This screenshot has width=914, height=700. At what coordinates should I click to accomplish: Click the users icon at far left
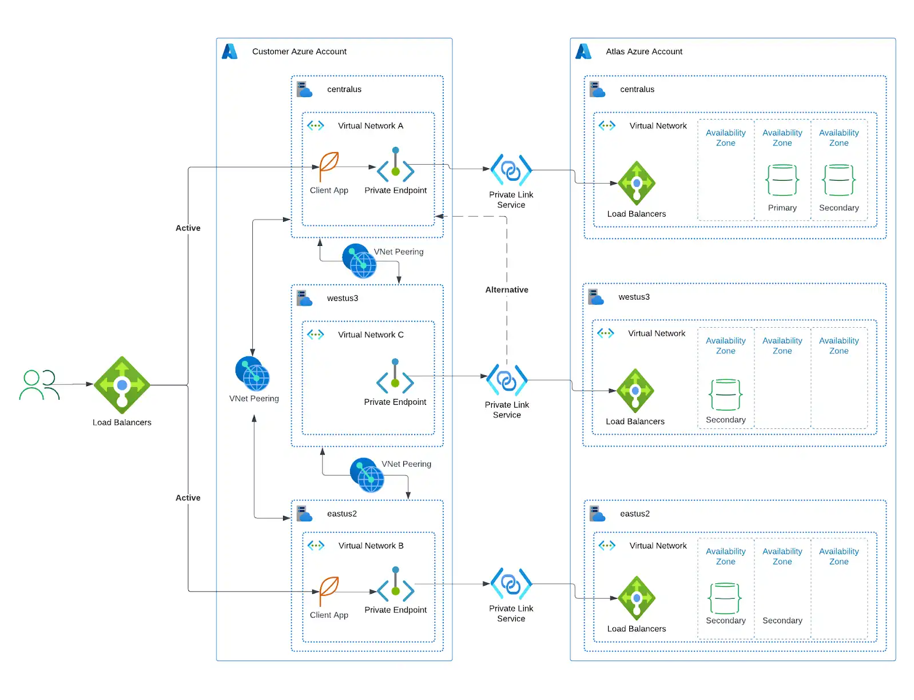click(39, 384)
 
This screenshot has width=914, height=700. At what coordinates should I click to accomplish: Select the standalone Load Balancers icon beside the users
click(122, 385)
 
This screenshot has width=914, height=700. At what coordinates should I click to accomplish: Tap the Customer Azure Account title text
click(299, 51)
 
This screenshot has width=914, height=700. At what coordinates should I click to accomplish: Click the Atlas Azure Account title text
click(644, 51)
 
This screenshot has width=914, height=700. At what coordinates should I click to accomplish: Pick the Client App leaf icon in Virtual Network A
click(329, 166)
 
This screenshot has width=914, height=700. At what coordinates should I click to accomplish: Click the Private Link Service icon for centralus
click(511, 170)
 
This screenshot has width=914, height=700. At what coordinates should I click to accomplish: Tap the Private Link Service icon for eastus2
click(511, 584)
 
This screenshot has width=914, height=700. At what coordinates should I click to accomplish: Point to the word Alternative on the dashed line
click(507, 290)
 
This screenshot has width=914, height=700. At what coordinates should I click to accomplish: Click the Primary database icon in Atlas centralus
click(782, 180)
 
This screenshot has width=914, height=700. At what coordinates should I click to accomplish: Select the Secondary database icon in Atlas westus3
click(725, 395)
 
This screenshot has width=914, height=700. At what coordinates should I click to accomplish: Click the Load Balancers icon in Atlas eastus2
click(637, 598)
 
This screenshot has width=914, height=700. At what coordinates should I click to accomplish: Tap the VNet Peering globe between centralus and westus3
click(359, 261)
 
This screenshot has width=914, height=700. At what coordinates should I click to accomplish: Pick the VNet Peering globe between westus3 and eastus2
click(367, 475)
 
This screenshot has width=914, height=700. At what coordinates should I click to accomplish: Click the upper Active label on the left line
click(188, 228)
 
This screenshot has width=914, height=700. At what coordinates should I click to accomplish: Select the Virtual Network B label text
click(371, 546)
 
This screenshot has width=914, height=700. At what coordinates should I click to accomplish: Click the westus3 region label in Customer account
click(342, 298)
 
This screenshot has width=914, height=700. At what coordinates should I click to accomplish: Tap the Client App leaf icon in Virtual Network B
click(329, 591)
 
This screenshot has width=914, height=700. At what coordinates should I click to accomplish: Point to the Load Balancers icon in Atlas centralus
click(637, 184)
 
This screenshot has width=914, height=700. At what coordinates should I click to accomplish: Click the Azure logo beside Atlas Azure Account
click(583, 51)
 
